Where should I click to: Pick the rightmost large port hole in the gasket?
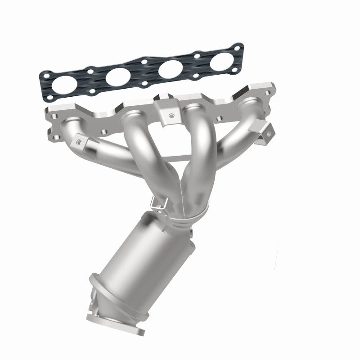click(x=220, y=60)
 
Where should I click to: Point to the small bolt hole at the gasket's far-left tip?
click(x=45, y=76)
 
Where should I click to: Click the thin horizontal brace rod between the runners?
click(x=171, y=157)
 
